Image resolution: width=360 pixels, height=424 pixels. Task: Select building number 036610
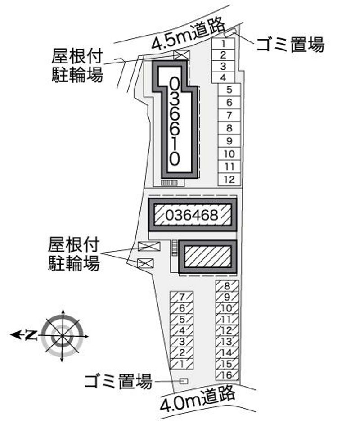pos(175,122)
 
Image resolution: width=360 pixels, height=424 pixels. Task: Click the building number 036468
pos(192,216)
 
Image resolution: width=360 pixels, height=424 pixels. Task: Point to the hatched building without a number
pos(207,257)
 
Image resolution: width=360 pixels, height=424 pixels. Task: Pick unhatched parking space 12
pos(229,179)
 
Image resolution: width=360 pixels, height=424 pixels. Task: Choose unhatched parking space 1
pos(223,44)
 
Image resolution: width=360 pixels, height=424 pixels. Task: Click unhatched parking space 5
pos(229,90)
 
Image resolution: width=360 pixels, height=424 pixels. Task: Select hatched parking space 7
pos(182,297)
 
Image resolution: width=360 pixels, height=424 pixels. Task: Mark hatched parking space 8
pos(227,286)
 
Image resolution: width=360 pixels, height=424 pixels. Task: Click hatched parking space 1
pos(182,364)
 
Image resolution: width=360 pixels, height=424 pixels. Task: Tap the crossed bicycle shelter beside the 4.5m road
pos(182,55)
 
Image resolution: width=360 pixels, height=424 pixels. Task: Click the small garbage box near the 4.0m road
pos(184,381)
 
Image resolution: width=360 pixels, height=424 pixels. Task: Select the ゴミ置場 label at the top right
pos(290,45)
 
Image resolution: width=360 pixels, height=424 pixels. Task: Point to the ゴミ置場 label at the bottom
pos(118,381)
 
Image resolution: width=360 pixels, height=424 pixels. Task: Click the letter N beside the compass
pos(31,335)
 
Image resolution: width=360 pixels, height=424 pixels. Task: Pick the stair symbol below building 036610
pos(170,183)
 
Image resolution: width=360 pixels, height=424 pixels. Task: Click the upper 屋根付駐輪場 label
pos(77,65)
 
